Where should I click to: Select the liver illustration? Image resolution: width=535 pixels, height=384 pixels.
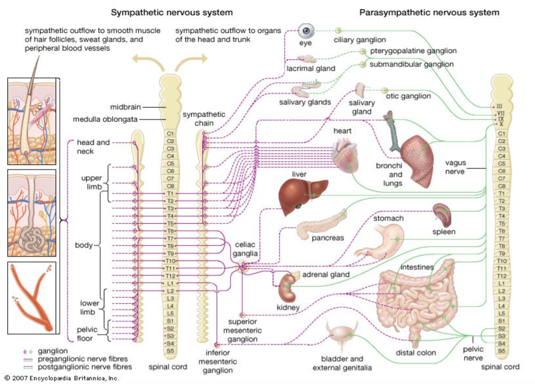(297, 193)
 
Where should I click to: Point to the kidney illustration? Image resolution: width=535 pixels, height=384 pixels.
(287, 286)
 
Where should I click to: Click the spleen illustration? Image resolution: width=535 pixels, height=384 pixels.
(443, 214)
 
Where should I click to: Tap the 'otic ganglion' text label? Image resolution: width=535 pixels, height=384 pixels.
(408, 96)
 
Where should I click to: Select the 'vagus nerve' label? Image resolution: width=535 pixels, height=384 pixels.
(455, 167)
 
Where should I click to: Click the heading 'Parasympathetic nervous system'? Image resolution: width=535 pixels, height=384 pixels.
(429, 12)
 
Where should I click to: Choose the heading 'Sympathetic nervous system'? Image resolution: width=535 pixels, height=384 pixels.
(172, 12)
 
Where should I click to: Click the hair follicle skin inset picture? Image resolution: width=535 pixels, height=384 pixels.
(31, 121)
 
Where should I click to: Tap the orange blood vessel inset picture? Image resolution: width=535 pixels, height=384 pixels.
(31, 299)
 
